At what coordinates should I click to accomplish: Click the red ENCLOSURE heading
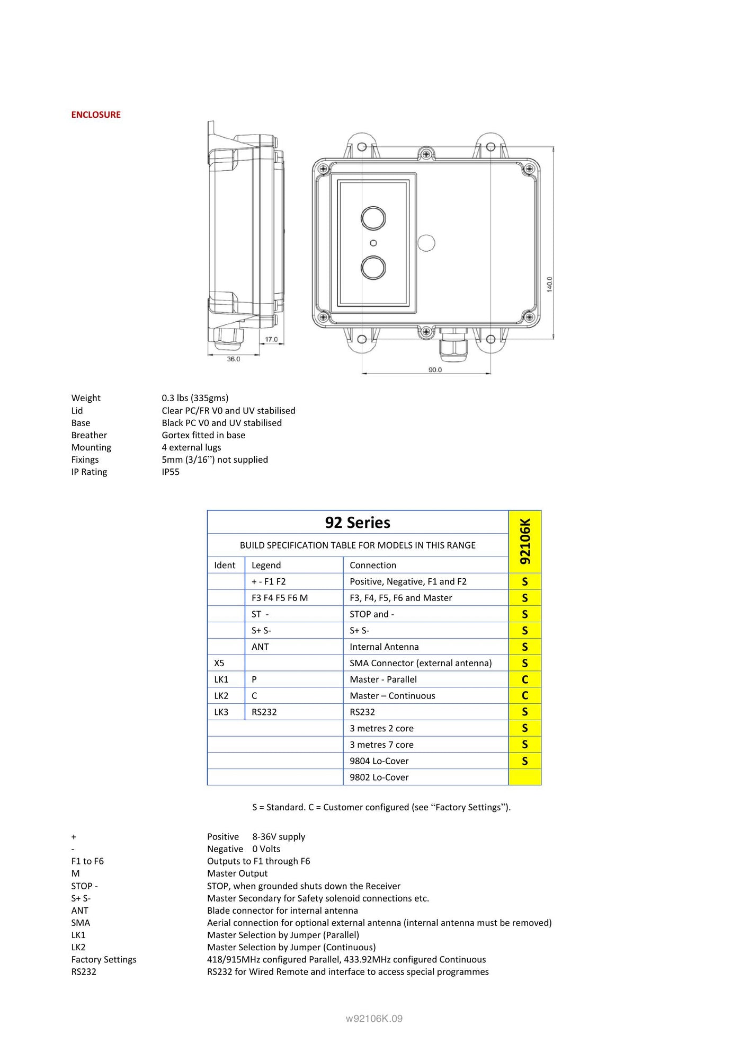(96, 115)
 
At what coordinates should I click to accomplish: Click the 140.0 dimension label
(549, 284)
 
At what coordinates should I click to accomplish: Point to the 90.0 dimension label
(435, 370)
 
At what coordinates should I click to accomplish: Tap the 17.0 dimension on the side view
(271, 340)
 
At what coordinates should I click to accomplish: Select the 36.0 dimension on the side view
(234, 359)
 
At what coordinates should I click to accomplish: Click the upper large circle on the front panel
(373, 218)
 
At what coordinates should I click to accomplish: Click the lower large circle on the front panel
(373, 268)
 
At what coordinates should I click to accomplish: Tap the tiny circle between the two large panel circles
(373, 243)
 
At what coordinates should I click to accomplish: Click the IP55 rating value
(171, 472)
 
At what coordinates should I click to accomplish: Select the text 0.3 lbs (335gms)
(195, 398)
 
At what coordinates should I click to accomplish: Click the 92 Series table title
(358, 523)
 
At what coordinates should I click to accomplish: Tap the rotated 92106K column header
(525, 541)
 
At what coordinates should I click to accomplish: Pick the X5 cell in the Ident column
(219, 663)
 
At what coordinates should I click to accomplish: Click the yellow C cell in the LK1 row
(525, 679)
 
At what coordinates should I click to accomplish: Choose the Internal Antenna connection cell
(384, 647)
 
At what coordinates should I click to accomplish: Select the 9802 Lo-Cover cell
(379, 778)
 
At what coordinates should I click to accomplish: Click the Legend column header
(266, 566)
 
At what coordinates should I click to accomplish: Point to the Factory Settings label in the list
(104, 960)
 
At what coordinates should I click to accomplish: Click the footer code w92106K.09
(374, 1019)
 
